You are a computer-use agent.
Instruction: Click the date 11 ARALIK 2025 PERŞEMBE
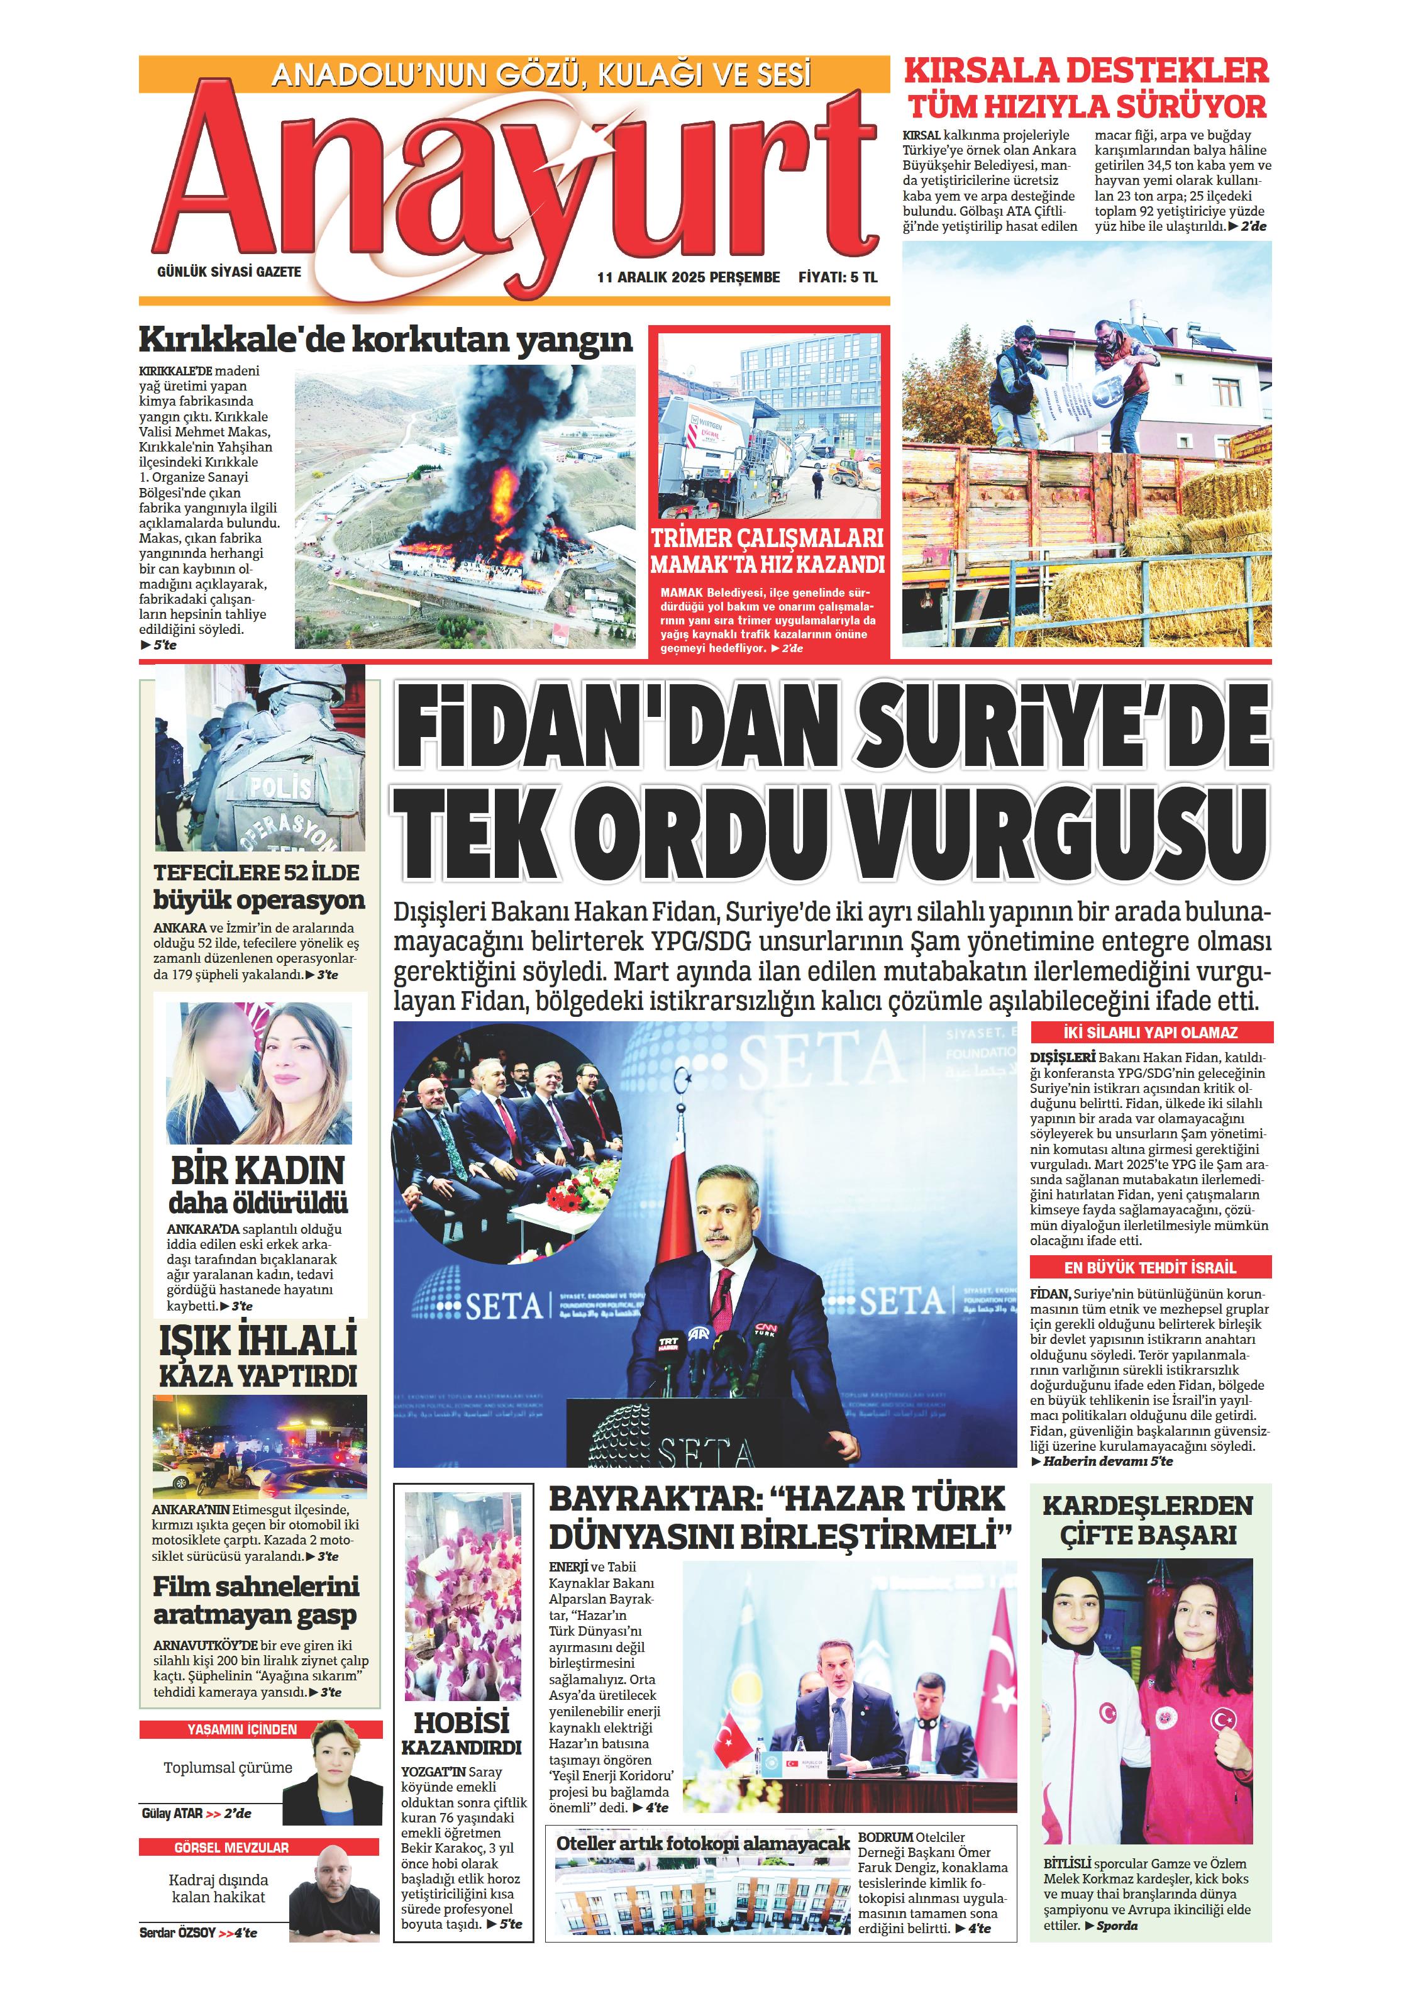688,277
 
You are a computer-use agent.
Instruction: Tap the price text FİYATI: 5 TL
838,277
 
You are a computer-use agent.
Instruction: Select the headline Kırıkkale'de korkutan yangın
386,339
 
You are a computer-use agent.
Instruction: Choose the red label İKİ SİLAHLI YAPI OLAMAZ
1151,1033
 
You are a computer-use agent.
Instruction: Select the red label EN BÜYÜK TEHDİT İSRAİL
1151,1268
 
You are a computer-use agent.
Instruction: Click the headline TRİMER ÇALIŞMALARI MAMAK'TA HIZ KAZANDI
768,550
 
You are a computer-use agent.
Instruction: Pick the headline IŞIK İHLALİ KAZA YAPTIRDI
258,1357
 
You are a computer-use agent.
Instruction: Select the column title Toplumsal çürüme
228,1767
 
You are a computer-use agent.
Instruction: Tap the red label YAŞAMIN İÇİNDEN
241,1729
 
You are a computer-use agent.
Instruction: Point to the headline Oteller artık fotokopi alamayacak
702,1843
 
